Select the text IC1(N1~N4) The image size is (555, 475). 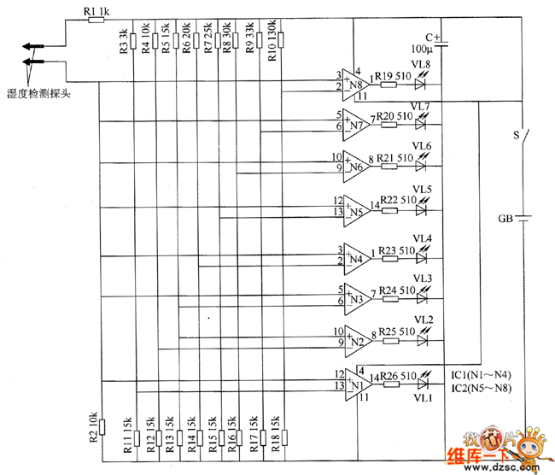click(x=481, y=375)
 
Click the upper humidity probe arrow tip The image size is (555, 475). click(x=26, y=47)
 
